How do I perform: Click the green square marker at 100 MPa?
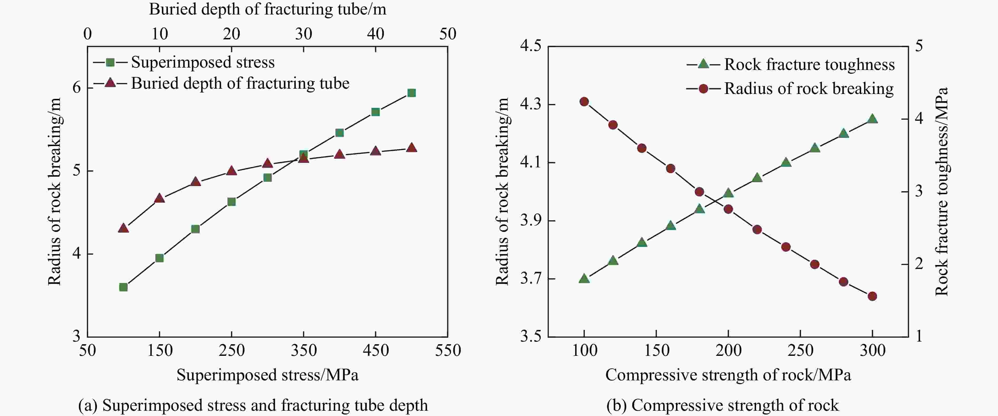tap(123, 287)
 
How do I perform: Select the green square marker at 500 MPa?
tap(411, 93)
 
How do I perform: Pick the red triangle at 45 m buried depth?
tap(411, 148)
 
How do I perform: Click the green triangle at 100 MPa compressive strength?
tap(584, 278)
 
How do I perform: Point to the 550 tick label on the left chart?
tap(448, 351)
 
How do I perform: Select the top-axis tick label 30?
tap(303, 34)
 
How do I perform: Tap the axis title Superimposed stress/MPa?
tap(267, 375)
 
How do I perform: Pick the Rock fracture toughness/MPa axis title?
tap(941, 192)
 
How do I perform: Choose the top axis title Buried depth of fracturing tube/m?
tap(267, 9)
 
